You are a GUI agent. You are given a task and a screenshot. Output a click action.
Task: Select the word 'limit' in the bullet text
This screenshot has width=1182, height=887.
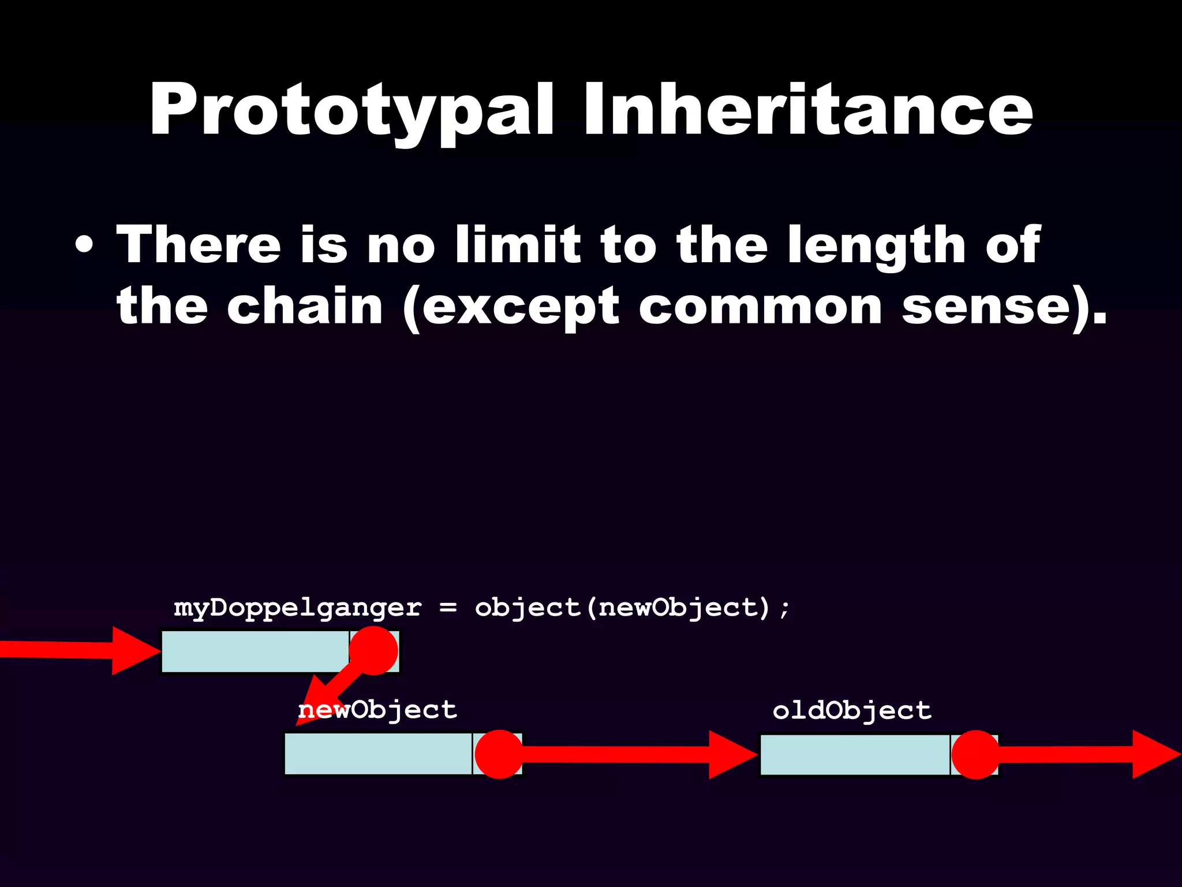[x=517, y=245]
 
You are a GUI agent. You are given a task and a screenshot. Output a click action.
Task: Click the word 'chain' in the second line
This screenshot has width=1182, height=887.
[x=305, y=307]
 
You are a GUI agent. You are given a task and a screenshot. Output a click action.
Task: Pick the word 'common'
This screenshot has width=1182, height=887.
[x=760, y=307]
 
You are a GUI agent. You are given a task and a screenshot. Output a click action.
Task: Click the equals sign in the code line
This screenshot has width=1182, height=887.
[x=448, y=608]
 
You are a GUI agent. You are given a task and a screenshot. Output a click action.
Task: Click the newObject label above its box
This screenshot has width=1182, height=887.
[x=377, y=710]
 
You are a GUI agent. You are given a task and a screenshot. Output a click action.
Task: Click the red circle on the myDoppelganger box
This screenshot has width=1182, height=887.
[x=374, y=651]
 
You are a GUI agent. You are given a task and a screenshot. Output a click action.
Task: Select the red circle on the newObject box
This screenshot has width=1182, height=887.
[x=499, y=754]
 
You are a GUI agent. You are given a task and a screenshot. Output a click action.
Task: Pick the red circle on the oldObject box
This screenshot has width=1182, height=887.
[x=975, y=754]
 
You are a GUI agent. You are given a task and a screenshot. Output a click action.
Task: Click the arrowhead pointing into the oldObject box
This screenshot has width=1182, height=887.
[x=730, y=754]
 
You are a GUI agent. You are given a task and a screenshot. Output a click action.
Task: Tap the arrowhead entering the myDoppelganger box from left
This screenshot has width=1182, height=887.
[x=134, y=651]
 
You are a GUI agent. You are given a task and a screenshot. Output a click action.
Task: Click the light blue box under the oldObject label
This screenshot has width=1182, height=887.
[x=854, y=754]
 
